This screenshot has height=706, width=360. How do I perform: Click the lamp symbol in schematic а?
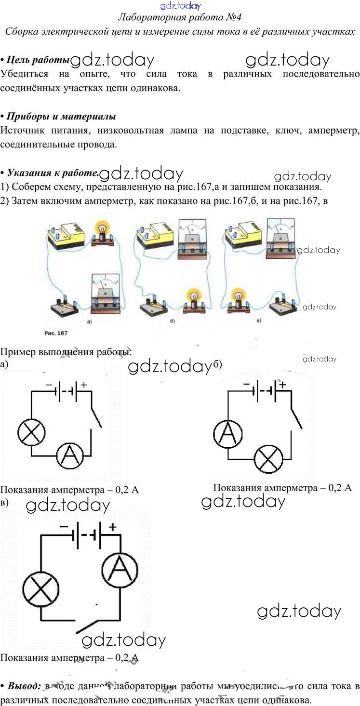(x=32, y=432)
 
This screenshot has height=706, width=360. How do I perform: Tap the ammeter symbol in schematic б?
(x=227, y=434)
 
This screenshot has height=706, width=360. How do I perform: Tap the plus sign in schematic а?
(x=84, y=385)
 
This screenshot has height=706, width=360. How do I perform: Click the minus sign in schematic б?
(x=246, y=384)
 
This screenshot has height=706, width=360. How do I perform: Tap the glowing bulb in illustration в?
(x=237, y=296)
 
